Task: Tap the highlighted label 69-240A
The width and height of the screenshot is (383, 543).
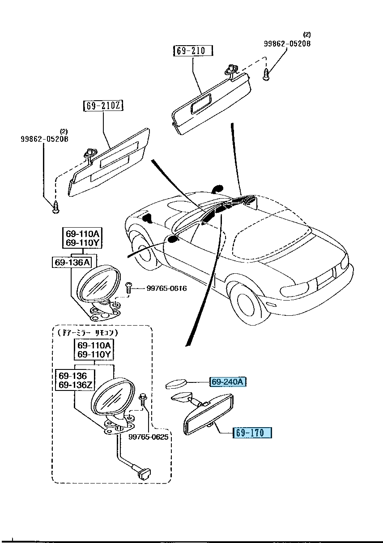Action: [228, 382]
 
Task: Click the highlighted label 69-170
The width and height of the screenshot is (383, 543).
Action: [252, 433]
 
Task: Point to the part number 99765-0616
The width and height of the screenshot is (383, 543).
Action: [166, 288]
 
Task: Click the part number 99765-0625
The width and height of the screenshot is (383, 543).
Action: [148, 437]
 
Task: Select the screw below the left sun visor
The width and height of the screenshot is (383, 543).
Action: [56, 207]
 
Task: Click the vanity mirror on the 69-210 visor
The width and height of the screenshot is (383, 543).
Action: [203, 103]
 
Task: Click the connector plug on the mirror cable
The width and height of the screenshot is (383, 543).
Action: [144, 472]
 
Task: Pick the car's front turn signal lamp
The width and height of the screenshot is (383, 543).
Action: [271, 305]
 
